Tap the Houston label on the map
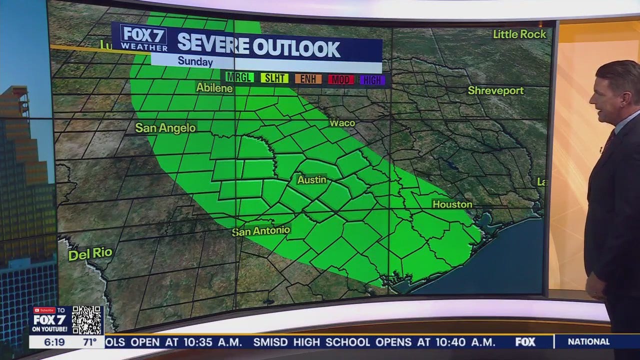[x=452, y=204]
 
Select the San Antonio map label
[x=261, y=231]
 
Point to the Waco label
[x=342, y=123]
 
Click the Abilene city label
[x=214, y=88]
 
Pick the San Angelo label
[x=165, y=128]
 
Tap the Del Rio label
[x=90, y=254]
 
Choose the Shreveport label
[x=495, y=91]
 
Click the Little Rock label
[x=519, y=34]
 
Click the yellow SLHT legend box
[x=273, y=78]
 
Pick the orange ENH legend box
[x=308, y=78]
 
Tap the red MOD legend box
[x=341, y=79]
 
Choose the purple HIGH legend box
[x=372, y=79]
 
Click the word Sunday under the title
[x=195, y=62]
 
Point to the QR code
[x=87, y=320]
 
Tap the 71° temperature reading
[x=89, y=342]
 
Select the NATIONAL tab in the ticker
[x=588, y=342]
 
